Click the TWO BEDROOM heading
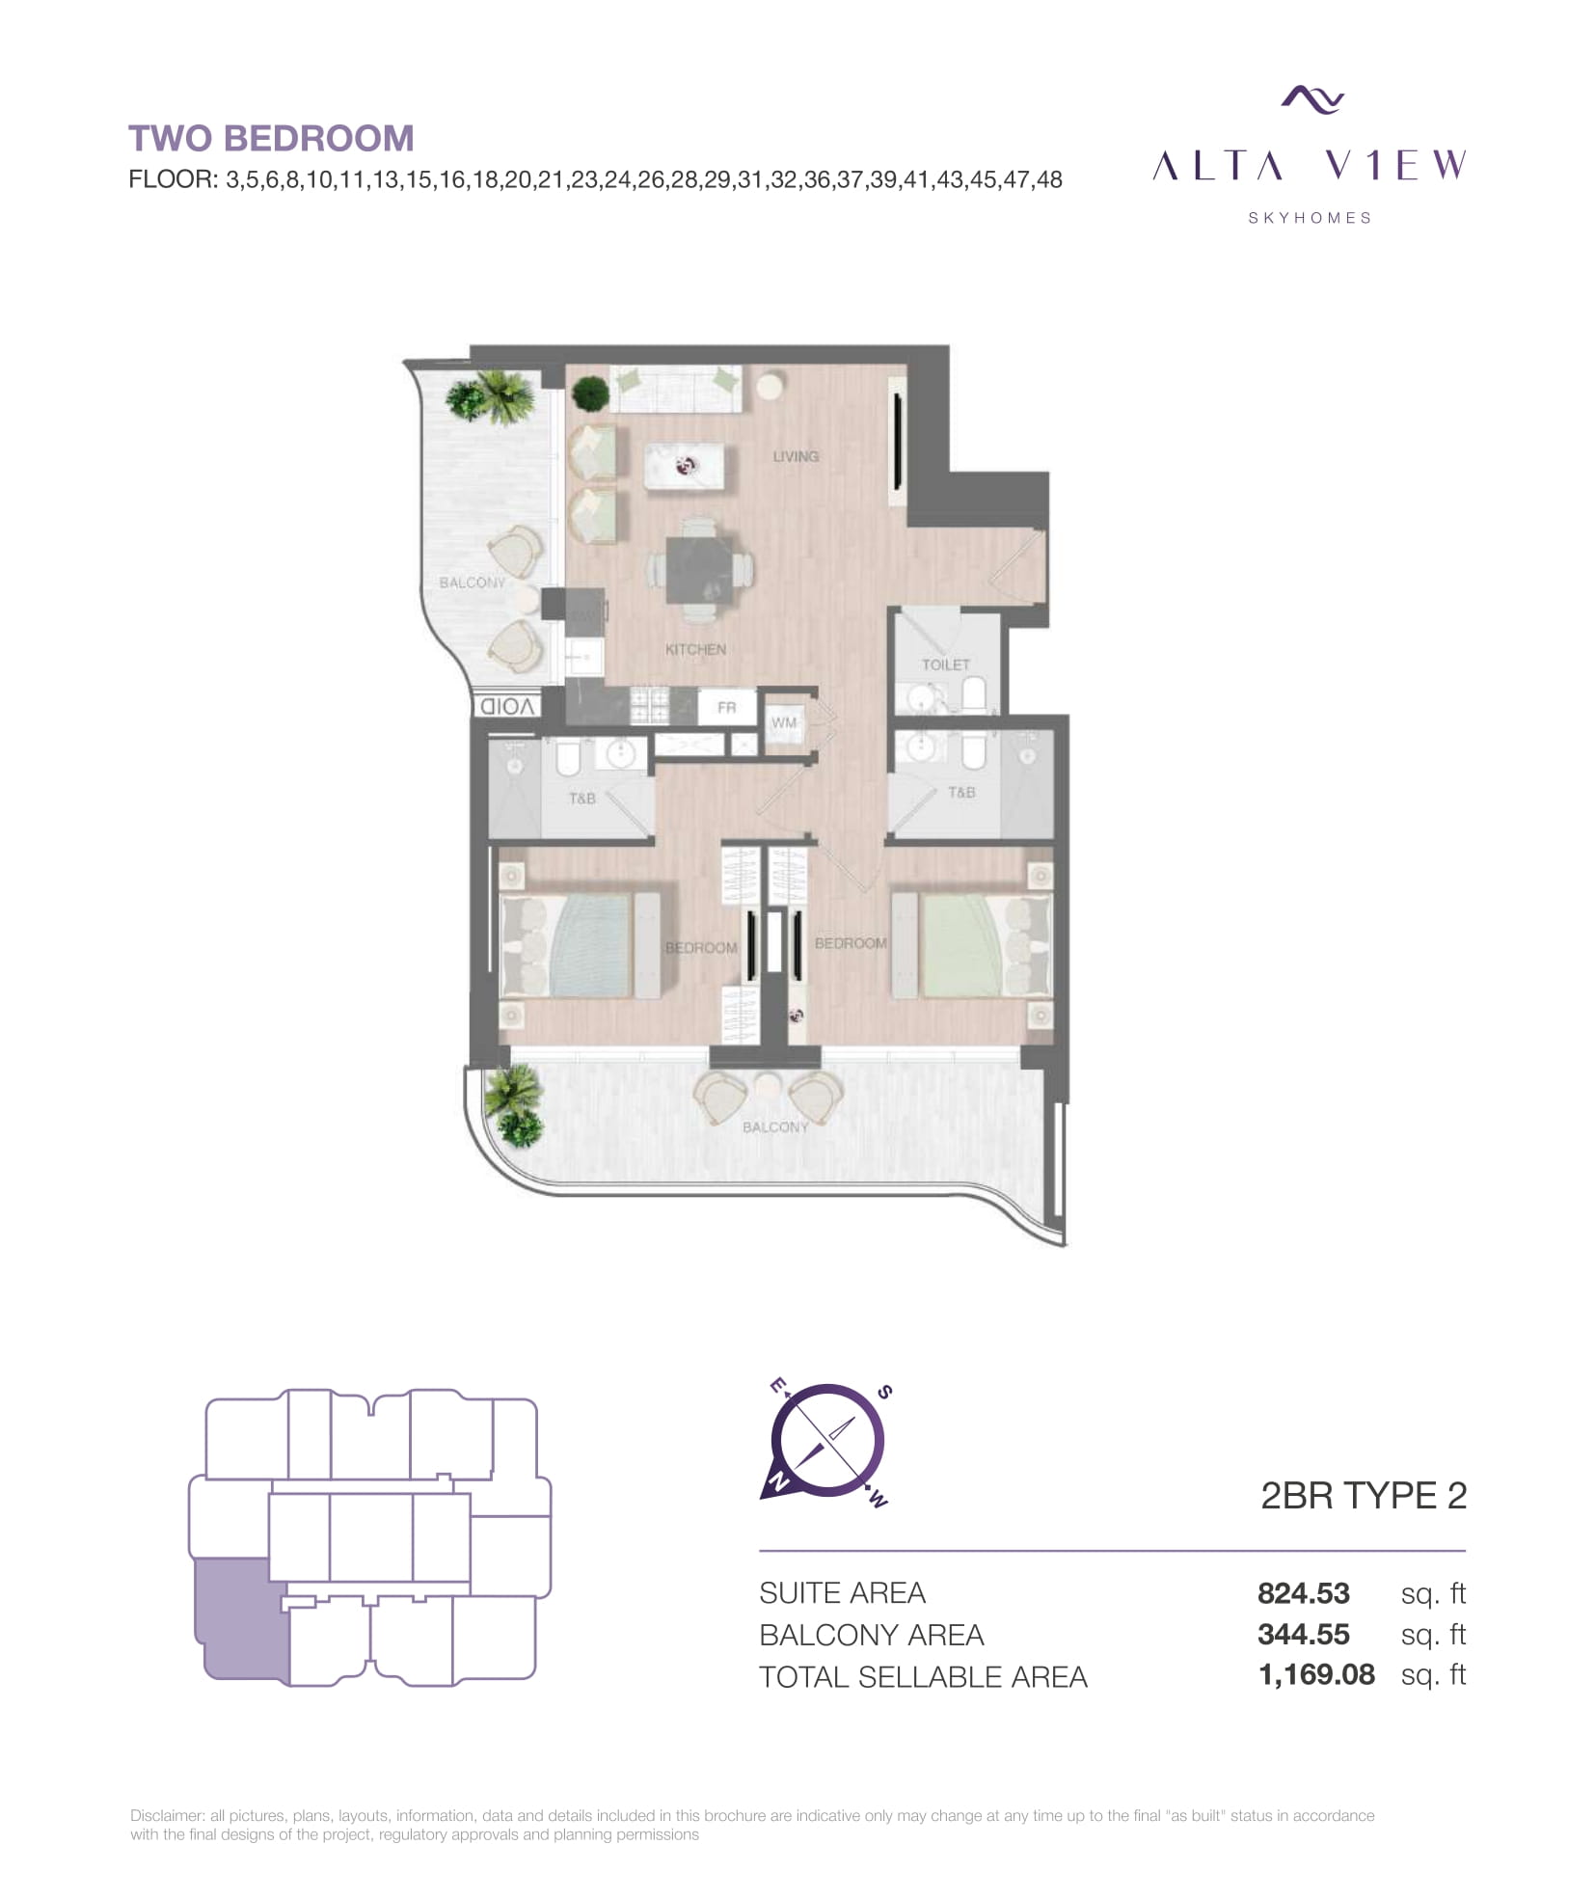(271, 138)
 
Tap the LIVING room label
(795, 456)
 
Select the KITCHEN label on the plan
(694, 649)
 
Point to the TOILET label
(945, 665)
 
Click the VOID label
(507, 706)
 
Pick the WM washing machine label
(784, 722)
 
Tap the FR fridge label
(726, 707)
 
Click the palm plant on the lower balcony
(512, 1103)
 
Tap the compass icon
(827, 1442)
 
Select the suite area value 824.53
(1303, 1592)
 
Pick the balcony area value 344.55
(1303, 1634)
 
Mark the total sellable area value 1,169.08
(1316, 1674)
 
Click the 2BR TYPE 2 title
(1364, 1495)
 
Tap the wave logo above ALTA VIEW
(1312, 99)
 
